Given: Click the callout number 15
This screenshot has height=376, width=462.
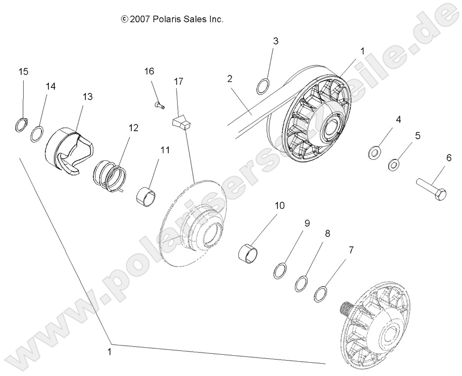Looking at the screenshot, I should pos(23,72).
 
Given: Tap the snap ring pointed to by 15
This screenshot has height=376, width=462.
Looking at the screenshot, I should pos(20,125).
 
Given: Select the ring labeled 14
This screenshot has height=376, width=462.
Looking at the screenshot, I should pos(37,134).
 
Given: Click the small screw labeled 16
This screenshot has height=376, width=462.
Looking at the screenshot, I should pos(159,104).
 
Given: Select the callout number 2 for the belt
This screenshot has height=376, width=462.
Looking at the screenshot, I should pos(230,78).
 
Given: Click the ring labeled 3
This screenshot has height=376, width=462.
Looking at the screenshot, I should pos(264,86).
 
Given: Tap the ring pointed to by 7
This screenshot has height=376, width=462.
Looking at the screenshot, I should pos(321,294).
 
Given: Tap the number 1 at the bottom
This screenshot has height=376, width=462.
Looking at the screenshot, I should pos(110,352).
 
